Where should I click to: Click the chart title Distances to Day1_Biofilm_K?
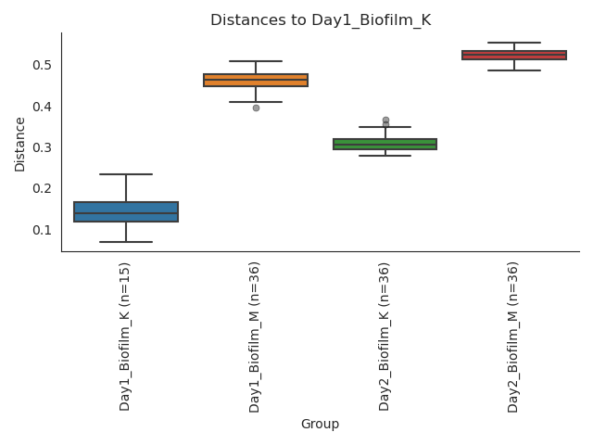click(x=321, y=20)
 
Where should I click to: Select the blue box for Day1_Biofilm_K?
click(x=126, y=211)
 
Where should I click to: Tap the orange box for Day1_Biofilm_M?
click(x=256, y=80)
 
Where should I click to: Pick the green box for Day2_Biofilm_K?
click(x=385, y=144)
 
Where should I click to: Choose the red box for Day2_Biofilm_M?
click(x=514, y=55)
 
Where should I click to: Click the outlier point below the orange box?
click(x=256, y=108)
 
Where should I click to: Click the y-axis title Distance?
click(x=20, y=144)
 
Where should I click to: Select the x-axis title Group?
click(x=320, y=424)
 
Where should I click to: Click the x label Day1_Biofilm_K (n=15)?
click(x=125, y=336)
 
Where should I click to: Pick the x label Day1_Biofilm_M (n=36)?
click(x=255, y=337)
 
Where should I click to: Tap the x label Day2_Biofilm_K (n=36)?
click(x=385, y=337)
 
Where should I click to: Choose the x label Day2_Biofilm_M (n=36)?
click(x=513, y=337)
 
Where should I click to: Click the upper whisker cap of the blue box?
click(x=126, y=174)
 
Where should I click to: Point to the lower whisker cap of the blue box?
click(x=126, y=242)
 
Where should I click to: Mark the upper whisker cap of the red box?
click(x=514, y=43)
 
